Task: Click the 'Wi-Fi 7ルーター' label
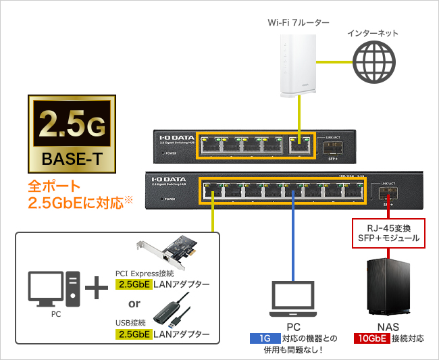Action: coord(298,22)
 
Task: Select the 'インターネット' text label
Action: coord(373,32)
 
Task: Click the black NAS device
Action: coord(388,288)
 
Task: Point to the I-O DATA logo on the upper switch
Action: coord(174,136)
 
